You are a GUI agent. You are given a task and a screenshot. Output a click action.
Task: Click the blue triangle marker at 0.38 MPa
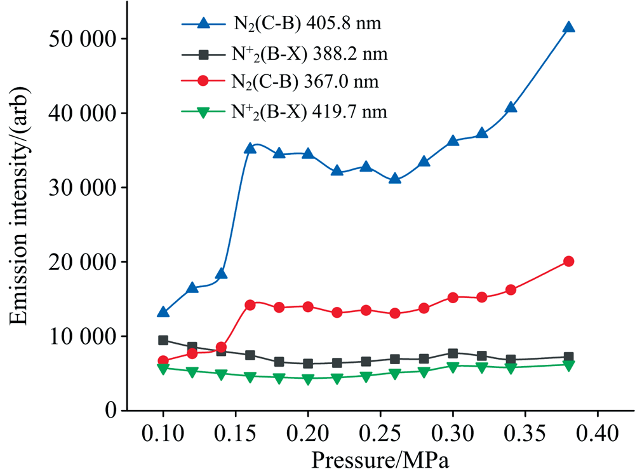(568, 27)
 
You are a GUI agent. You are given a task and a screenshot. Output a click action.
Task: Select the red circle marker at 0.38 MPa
(568, 261)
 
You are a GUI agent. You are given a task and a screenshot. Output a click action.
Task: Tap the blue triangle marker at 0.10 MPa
(163, 312)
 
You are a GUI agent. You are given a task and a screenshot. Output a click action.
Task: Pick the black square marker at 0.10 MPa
(163, 340)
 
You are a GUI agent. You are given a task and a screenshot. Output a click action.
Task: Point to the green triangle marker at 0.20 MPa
(308, 379)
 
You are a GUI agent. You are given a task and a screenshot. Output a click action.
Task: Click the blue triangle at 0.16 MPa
(250, 148)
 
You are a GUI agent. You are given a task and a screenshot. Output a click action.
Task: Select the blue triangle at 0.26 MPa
(395, 179)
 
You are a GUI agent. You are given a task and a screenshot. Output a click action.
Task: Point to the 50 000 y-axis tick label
(79, 39)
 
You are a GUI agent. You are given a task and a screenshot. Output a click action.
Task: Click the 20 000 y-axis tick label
(79, 262)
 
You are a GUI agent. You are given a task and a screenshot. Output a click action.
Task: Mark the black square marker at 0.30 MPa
(453, 353)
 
